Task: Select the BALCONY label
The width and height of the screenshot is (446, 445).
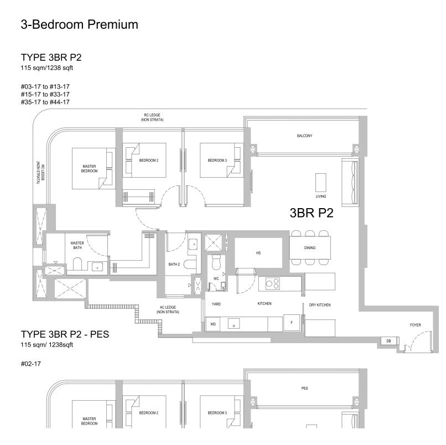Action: (304, 135)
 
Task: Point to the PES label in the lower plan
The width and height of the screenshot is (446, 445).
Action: (304, 389)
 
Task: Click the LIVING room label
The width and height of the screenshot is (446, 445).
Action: (321, 196)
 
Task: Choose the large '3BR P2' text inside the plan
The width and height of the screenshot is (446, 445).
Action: (312, 214)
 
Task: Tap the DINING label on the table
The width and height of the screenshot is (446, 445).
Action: (310, 247)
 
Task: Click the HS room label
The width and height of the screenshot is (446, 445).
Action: (258, 253)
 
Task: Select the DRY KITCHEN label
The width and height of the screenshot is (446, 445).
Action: (320, 305)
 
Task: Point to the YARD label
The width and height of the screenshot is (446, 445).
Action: (216, 304)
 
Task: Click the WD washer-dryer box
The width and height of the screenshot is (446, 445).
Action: (212, 324)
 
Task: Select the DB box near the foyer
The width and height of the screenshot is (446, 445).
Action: (388, 341)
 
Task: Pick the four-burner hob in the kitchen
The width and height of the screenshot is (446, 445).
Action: (272, 283)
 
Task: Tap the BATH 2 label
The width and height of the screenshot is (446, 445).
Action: (174, 265)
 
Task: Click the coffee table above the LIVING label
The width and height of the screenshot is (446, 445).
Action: (321, 182)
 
